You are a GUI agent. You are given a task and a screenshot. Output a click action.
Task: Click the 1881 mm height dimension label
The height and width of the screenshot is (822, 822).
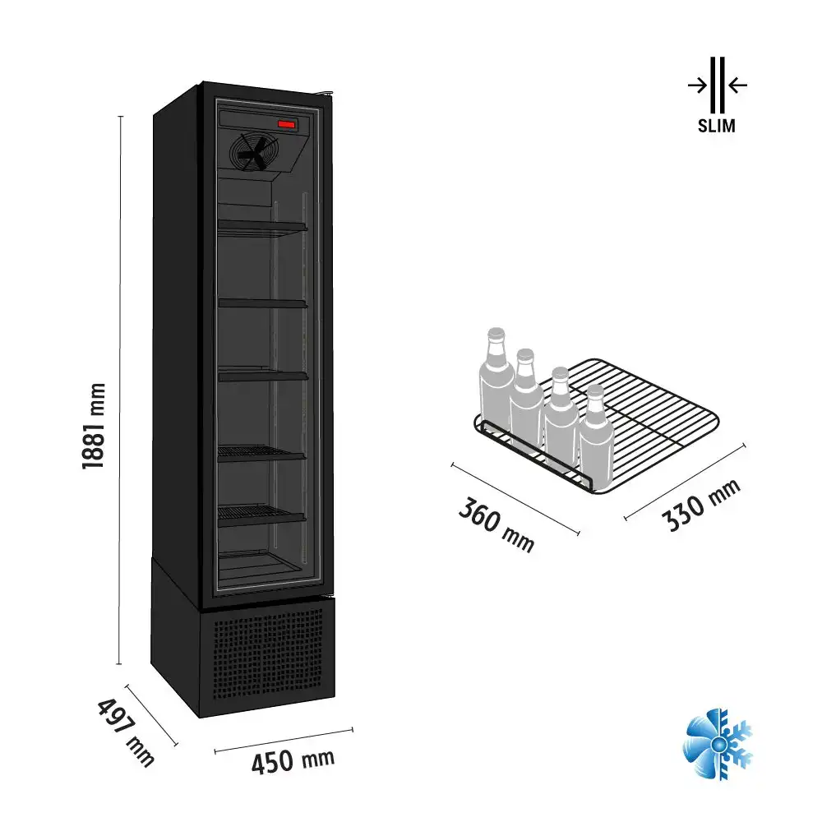[x=95, y=426]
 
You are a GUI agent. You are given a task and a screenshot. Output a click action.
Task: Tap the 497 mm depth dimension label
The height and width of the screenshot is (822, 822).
[x=126, y=732]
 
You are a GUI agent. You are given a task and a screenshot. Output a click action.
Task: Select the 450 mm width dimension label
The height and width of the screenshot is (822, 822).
[x=293, y=761]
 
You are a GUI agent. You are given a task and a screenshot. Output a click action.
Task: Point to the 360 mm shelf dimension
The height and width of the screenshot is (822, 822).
[x=496, y=524]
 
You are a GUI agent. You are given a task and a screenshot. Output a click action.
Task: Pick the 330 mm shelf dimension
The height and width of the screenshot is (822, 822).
[x=701, y=506]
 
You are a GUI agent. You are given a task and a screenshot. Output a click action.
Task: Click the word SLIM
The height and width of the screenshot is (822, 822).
[x=717, y=126]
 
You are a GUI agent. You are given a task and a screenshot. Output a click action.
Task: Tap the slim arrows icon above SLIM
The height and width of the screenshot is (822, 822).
[x=718, y=85]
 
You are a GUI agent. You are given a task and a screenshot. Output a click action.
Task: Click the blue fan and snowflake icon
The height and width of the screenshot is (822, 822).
[x=718, y=744]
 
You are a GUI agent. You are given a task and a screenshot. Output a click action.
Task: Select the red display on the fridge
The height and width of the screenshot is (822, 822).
[x=288, y=124]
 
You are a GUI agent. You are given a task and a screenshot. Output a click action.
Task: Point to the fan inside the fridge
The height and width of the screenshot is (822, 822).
[x=254, y=152]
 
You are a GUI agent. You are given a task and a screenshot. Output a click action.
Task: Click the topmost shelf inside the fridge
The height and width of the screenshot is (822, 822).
[x=262, y=227]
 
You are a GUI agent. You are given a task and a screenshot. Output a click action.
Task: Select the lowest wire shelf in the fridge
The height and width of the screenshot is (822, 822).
[x=261, y=515]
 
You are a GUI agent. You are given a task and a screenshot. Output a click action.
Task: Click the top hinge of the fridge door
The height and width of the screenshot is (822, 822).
[x=326, y=93]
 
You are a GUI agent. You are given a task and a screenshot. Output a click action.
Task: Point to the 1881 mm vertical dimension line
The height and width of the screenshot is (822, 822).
[x=120, y=390]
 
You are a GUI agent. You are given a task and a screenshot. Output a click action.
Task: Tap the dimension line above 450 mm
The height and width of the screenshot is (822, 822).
[x=284, y=741]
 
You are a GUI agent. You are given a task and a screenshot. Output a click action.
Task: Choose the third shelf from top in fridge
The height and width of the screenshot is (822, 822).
[x=263, y=376]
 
